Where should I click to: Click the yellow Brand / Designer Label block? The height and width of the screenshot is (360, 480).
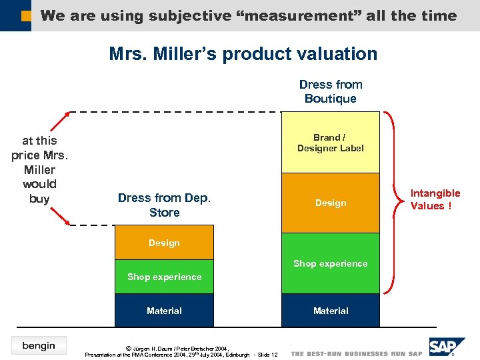[x=330, y=143]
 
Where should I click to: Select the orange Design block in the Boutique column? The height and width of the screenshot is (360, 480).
[x=330, y=203]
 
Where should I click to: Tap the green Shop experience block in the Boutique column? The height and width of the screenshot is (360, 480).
[x=330, y=263]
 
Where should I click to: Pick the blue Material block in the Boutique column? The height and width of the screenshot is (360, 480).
[x=330, y=311]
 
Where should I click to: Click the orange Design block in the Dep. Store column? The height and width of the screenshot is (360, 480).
[x=164, y=243]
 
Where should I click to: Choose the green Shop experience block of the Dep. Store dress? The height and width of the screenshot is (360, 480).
[x=164, y=277]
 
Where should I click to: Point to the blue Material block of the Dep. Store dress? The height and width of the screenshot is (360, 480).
[x=164, y=311]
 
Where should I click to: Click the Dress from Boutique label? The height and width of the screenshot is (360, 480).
[x=331, y=91]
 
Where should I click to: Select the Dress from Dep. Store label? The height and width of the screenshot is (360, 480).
[x=164, y=205]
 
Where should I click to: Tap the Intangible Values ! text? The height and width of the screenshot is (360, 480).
[x=435, y=199]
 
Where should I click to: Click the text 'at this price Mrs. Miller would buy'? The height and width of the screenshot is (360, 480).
[x=39, y=169]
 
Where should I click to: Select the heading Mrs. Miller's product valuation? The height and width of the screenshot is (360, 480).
[x=243, y=54]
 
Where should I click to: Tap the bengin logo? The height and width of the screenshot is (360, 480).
[x=39, y=345]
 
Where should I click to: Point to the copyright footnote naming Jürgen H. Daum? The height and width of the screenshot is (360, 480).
[x=181, y=351]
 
